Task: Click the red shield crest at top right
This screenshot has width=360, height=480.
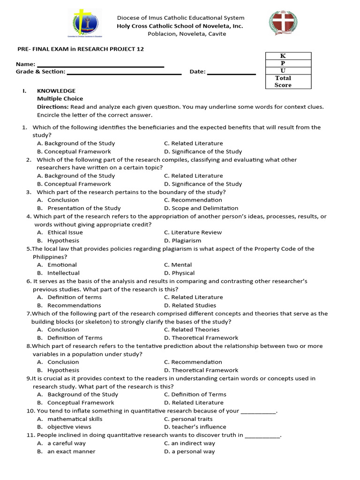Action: click(283, 23)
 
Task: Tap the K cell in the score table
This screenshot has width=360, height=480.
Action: click(283, 56)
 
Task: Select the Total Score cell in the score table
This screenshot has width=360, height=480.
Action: click(283, 82)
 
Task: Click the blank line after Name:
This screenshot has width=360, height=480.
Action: click(100, 65)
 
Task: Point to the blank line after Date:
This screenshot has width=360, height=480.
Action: click(231, 72)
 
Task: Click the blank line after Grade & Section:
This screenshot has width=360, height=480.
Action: click(124, 72)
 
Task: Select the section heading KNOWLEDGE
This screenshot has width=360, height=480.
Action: click(56, 91)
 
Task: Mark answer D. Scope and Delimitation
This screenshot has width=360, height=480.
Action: click(201, 208)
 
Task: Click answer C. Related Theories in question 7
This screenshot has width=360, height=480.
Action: click(192, 330)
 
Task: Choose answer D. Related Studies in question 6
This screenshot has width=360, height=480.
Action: click(190, 305)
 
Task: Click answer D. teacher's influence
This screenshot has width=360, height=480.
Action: click(195, 427)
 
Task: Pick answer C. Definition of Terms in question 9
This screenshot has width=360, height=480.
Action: click(195, 395)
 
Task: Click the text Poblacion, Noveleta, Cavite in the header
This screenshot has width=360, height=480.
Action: click(180, 34)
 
